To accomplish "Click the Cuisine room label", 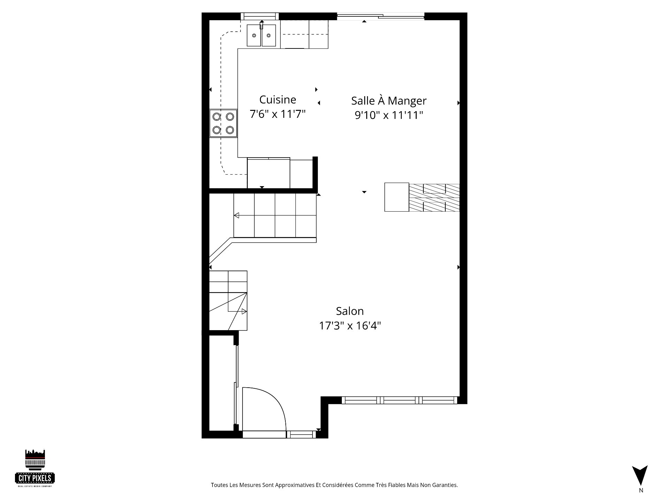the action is pyautogui.click(x=278, y=100).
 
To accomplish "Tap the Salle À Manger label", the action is pyautogui.click(x=389, y=101).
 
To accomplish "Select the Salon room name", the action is pyautogui.click(x=350, y=311).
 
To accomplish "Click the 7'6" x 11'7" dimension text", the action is pyautogui.click(x=278, y=114).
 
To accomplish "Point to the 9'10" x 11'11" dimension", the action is pyautogui.click(x=389, y=115).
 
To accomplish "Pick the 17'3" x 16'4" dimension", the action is pyautogui.click(x=350, y=326).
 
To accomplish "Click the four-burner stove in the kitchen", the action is pyautogui.click(x=223, y=123).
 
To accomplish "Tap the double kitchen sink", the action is pyautogui.click(x=261, y=35).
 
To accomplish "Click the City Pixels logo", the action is pyautogui.click(x=35, y=468).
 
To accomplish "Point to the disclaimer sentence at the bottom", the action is pyautogui.click(x=334, y=485).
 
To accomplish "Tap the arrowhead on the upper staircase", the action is pyautogui.click(x=237, y=215).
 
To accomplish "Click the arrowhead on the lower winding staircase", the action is pyautogui.click(x=244, y=311).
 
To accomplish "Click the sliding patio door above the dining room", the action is pyautogui.click(x=380, y=16).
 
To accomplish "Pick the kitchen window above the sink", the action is pyautogui.click(x=260, y=16).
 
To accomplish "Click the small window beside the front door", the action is pyautogui.click(x=302, y=434).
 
